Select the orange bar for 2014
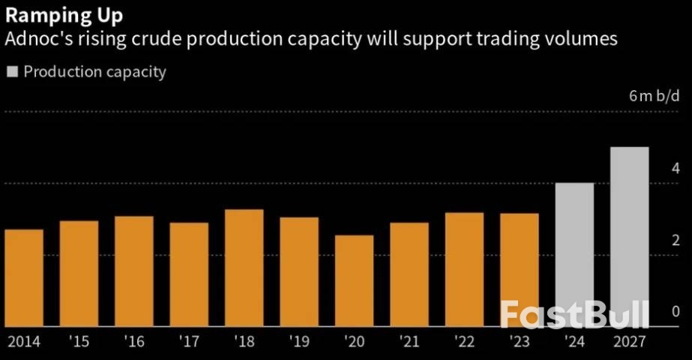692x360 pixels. tap(24, 278)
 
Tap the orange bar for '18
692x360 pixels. tap(244, 268)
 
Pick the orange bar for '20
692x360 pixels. tap(354, 281)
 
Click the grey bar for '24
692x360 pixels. tap(574, 255)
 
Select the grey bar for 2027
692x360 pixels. tap(629, 237)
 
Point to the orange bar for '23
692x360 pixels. tap(519, 270)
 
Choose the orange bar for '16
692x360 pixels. tap(134, 271)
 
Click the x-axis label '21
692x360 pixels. tap(409, 343)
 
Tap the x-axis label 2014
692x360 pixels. tap(24, 343)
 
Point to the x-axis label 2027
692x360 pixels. tap(629, 343)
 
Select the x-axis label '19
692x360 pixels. tap(299, 343)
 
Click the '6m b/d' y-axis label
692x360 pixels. tap(654, 95)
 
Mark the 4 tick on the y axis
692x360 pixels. tap(676, 168)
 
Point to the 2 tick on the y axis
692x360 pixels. tap(676, 240)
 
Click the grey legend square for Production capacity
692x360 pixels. tap(12, 73)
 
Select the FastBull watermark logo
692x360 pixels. tap(574, 314)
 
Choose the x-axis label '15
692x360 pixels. tap(79, 343)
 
